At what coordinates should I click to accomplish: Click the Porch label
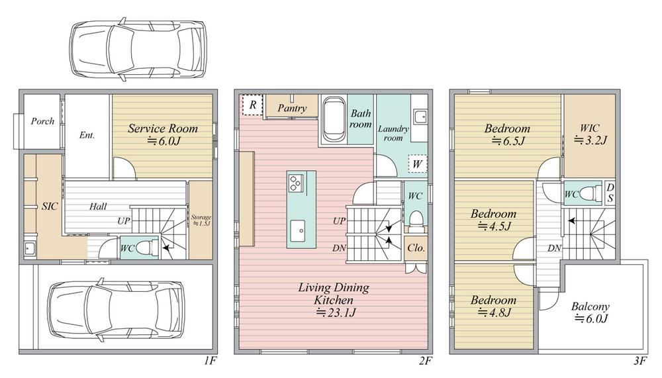42,121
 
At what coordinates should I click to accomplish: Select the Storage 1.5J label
201,220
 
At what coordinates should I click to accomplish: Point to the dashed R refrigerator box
252,105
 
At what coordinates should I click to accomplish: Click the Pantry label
292,108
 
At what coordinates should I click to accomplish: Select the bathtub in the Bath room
334,120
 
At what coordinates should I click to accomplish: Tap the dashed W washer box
418,164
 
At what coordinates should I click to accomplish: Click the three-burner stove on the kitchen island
295,183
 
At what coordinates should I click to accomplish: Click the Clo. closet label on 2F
416,248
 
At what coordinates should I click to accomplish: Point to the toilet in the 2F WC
416,221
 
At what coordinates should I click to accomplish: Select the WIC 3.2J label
590,134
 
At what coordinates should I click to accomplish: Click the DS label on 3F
610,193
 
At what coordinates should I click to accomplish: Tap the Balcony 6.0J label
591,312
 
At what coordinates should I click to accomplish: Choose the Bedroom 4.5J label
494,220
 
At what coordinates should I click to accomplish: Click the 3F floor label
640,361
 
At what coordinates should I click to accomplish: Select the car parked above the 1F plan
138,49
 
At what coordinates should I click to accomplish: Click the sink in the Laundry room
420,117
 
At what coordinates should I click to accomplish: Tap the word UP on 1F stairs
124,221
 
